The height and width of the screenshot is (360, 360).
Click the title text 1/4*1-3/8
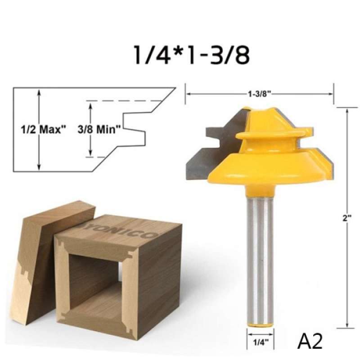[x=191, y=55]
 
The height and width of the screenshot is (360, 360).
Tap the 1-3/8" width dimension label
[x=259, y=94]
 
